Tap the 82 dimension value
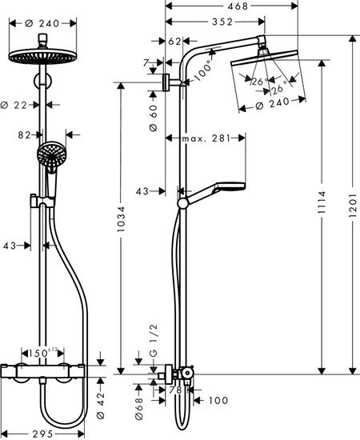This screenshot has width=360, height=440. [x=25, y=135]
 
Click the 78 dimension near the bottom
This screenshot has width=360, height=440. [x=174, y=390]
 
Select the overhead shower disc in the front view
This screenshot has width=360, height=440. [x=38, y=56]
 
